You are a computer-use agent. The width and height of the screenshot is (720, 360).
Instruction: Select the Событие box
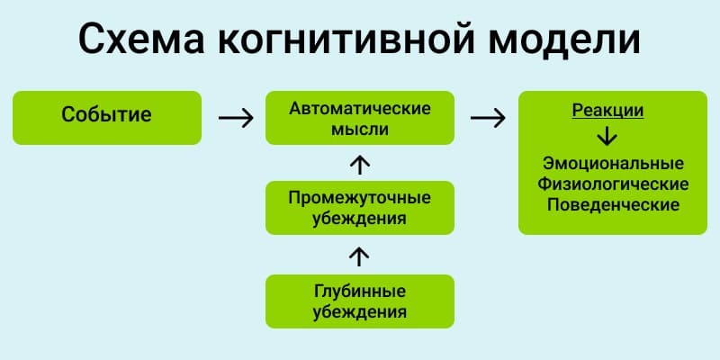pyautogui.click(x=107, y=117)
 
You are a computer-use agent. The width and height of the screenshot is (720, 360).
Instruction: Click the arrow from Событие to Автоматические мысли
pyautogui.click(x=236, y=117)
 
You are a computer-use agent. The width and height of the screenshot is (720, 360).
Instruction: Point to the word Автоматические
pyautogui.click(x=360, y=108)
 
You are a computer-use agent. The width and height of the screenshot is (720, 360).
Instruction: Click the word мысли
pyautogui.click(x=360, y=129)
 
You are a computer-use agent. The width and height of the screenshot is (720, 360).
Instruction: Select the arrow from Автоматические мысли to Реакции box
pyautogui.click(x=487, y=117)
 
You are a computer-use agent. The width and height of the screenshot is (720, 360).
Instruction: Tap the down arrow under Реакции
pyautogui.click(x=607, y=137)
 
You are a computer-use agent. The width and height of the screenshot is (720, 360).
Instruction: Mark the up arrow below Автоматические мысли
pyautogui.click(x=359, y=164)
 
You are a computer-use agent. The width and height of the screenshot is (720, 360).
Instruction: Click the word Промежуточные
pyautogui.click(x=360, y=197)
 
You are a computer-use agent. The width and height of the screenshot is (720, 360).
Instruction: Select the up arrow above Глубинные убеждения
pyautogui.click(x=359, y=256)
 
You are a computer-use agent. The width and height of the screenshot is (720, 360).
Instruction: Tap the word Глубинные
pyautogui.click(x=360, y=292)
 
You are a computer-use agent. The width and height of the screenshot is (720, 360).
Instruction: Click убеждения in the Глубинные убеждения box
pyautogui.click(x=360, y=312)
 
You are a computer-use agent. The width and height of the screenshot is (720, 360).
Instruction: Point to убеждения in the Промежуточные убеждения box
pyautogui.click(x=360, y=218)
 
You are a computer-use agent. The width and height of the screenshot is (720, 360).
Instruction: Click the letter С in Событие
pyautogui.click(x=69, y=115)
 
